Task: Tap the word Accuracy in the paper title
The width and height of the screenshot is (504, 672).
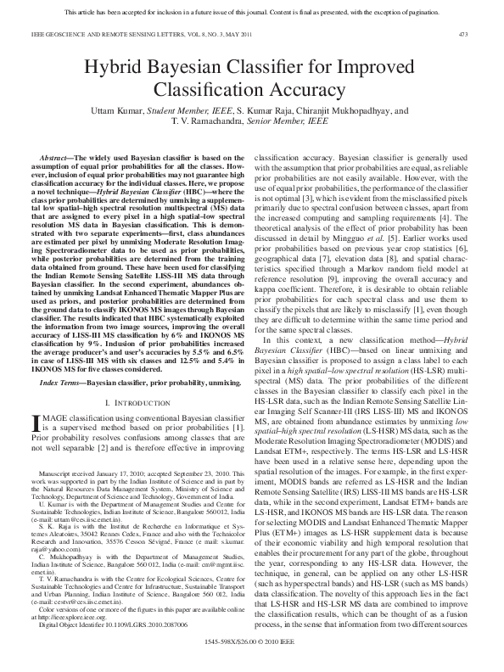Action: tap(311, 91)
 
